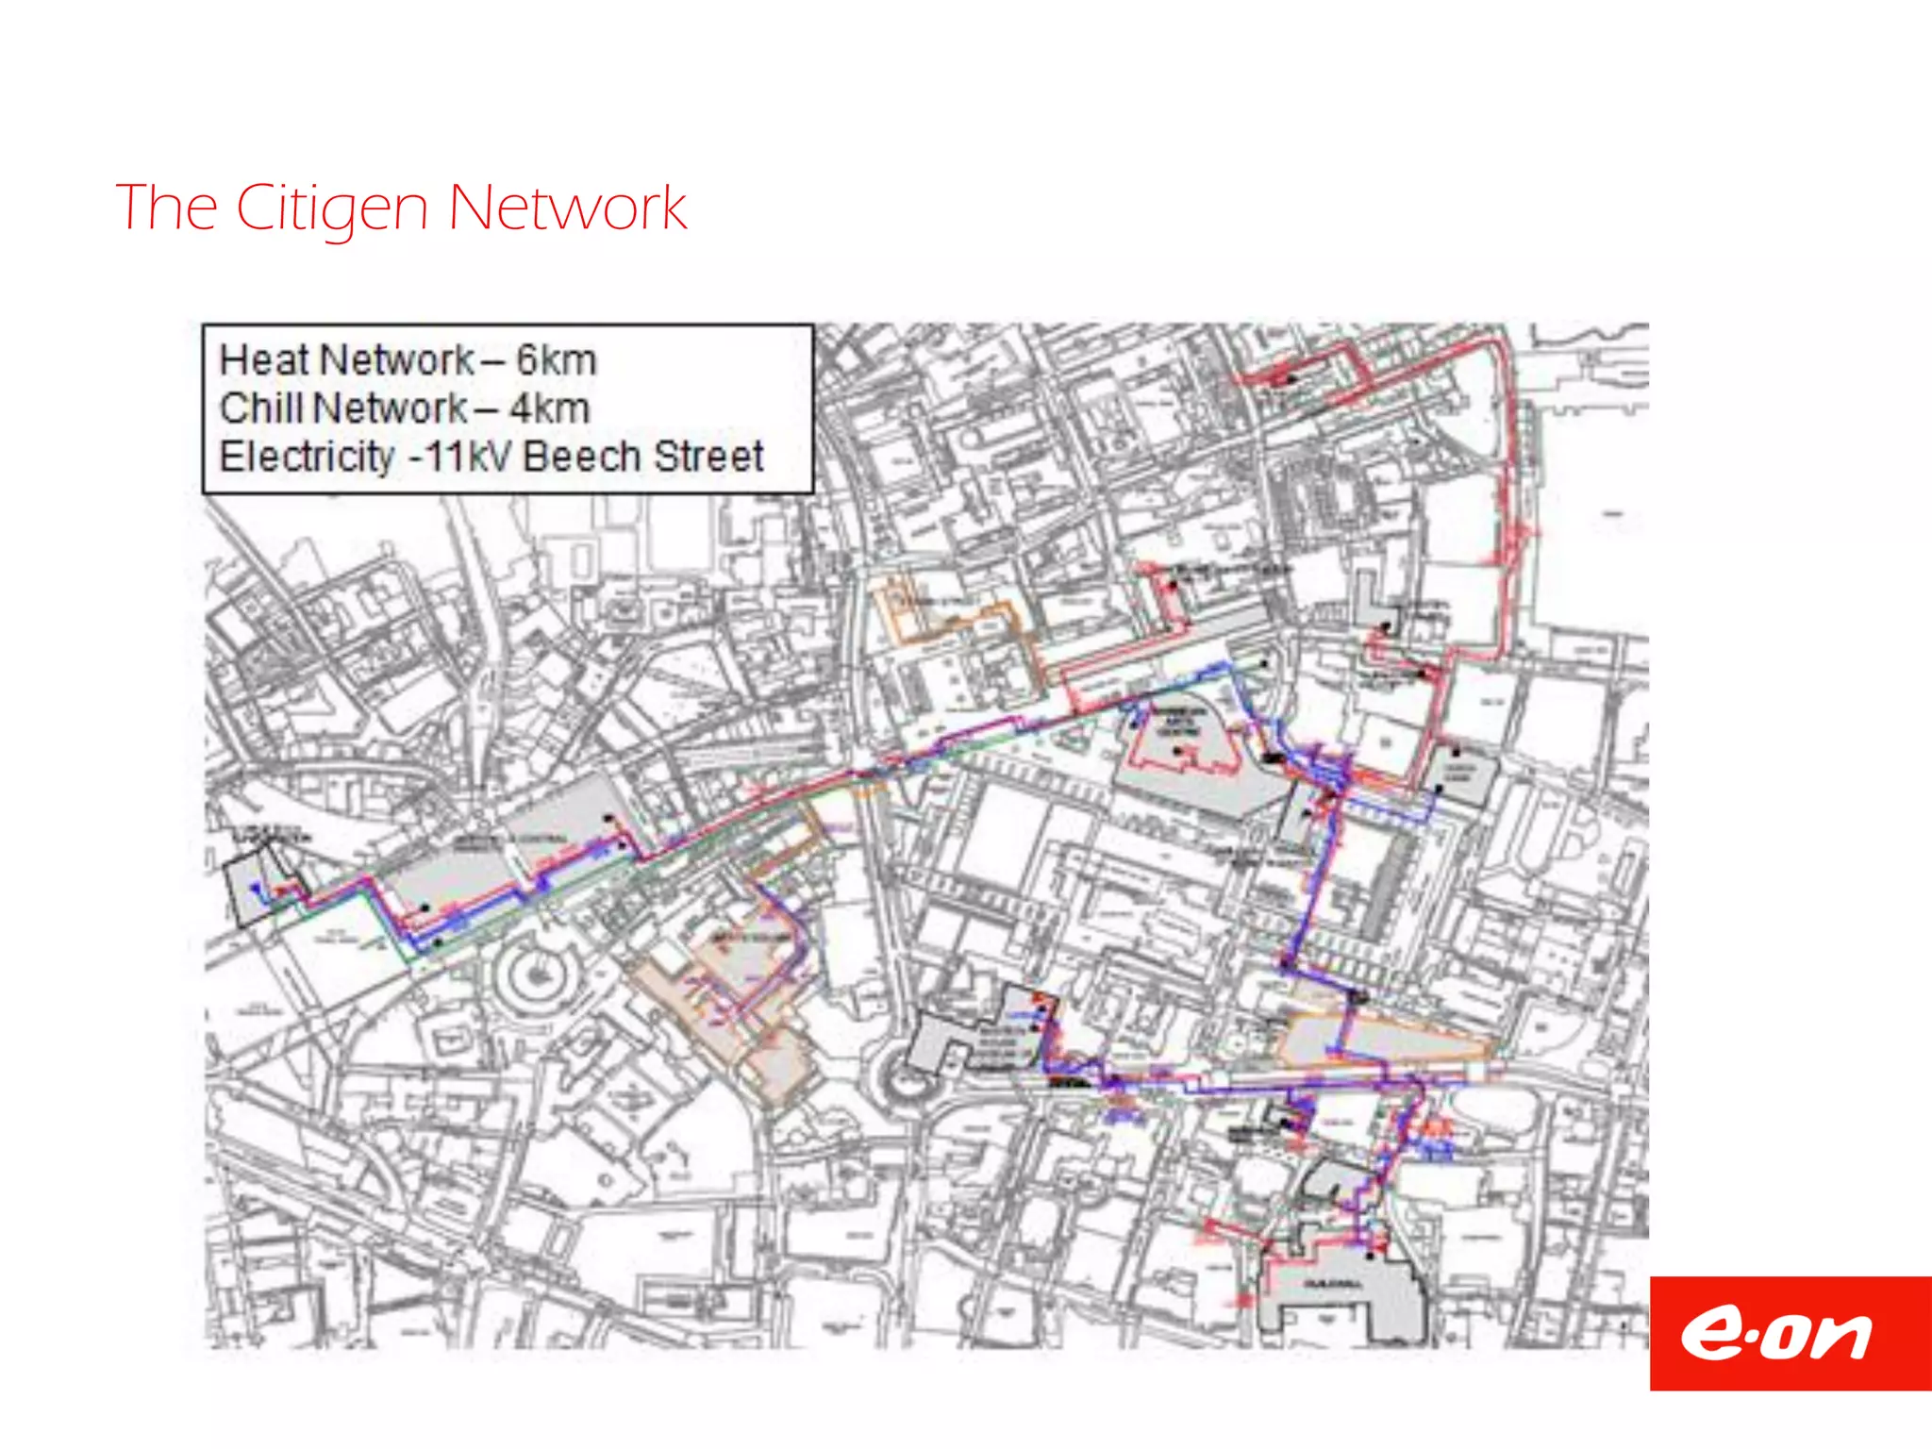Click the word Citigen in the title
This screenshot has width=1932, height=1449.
click(331, 208)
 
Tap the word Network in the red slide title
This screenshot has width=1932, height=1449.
click(567, 208)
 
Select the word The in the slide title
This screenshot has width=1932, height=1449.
click(166, 208)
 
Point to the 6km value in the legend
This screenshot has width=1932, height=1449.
click(557, 360)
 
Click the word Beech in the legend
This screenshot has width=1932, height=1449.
click(582, 457)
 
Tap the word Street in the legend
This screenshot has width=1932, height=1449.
click(708, 457)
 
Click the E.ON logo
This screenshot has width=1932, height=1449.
click(1790, 1333)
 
